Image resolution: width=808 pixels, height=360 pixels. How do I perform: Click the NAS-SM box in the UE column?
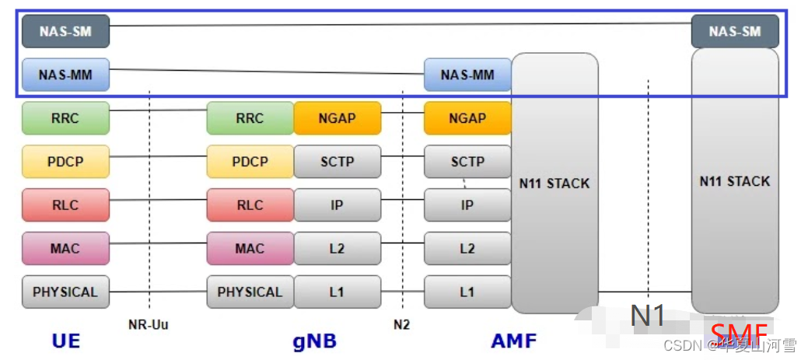coord(66,32)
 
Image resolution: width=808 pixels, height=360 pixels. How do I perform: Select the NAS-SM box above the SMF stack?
coord(734,32)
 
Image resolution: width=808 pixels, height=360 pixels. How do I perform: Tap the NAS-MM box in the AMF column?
coord(467,75)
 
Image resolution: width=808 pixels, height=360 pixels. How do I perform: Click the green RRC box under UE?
coord(66,119)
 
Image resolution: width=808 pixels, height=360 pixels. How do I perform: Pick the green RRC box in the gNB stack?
coord(250,119)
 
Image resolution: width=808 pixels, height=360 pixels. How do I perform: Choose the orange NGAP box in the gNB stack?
coord(337,119)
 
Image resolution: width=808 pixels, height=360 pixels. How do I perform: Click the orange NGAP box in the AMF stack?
coord(467,119)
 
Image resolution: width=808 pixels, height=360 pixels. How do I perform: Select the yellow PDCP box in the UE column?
coord(66,162)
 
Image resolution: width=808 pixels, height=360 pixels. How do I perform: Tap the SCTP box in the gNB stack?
coord(337,162)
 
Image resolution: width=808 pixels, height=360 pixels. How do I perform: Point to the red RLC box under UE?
coord(66,205)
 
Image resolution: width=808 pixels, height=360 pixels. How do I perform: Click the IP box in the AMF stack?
coord(467,205)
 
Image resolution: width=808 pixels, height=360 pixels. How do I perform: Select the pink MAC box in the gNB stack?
coord(250,249)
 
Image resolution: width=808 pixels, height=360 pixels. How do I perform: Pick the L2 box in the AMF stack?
coord(467,249)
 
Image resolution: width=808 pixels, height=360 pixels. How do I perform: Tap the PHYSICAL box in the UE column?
coord(66,292)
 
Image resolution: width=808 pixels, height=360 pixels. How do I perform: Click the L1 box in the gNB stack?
coord(337,292)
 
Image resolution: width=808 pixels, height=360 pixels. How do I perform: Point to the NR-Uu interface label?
coord(148,324)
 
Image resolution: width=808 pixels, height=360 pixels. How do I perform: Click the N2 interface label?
coord(401,324)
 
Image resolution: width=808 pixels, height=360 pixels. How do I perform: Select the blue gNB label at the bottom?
coord(314,341)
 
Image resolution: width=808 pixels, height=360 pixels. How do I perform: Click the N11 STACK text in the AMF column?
coord(554,184)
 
